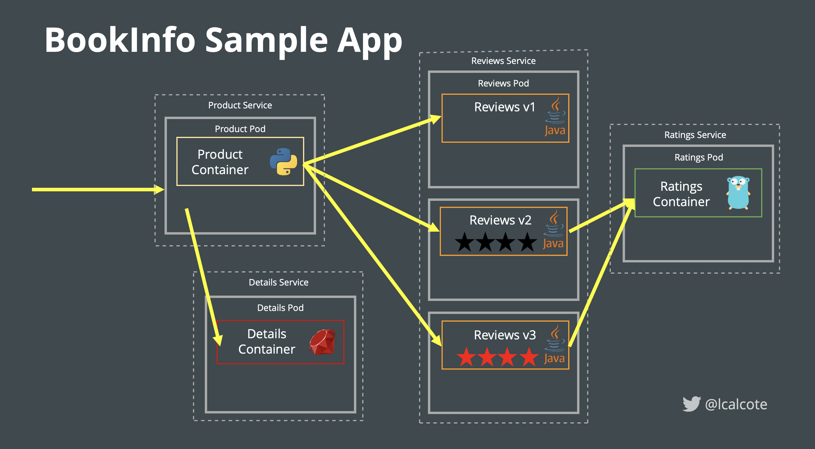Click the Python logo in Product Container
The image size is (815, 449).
[x=283, y=161]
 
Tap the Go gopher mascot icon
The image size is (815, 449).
[x=738, y=193]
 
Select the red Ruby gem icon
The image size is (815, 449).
[x=322, y=342]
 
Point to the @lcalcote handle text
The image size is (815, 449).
[x=736, y=404]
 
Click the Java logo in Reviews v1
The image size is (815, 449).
[x=555, y=117]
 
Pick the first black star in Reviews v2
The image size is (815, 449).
[x=464, y=242]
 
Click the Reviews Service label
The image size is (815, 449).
[x=503, y=61]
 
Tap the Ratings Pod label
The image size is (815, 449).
[x=699, y=157]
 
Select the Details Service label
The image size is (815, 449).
[x=278, y=282]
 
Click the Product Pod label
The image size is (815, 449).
[x=240, y=129]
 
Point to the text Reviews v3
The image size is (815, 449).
[x=505, y=335]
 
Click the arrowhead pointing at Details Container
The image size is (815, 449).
[x=218, y=341]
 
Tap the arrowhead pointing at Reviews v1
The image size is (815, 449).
[x=436, y=120]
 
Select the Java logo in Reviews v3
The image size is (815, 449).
[x=555, y=345]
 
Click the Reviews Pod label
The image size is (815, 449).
[x=503, y=83]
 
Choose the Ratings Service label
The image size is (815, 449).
[x=695, y=135]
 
